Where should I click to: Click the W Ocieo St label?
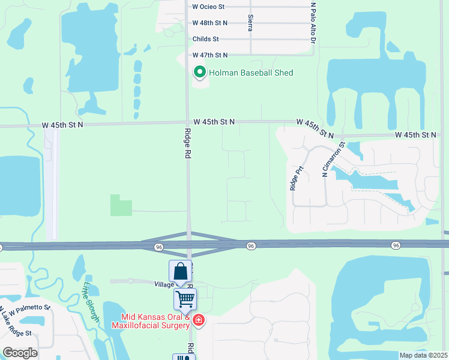click(x=208, y=7)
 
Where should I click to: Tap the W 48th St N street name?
click(x=210, y=23)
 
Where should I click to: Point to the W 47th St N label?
click(x=210, y=55)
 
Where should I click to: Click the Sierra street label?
click(x=250, y=23)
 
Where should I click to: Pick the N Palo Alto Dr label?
click(x=313, y=23)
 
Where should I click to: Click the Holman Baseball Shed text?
click(x=250, y=73)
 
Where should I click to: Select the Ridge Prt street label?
click(x=294, y=178)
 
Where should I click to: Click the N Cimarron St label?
click(x=334, y=158)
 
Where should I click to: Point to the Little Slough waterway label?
click(x=90, y=302)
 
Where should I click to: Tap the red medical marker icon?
click(x=198, y=322)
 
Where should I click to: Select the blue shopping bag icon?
click(x=180, y=272)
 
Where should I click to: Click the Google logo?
click(x=20, y=353)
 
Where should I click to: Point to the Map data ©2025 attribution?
click(x=423, y=355)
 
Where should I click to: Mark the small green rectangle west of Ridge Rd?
click(x=121, y=205)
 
